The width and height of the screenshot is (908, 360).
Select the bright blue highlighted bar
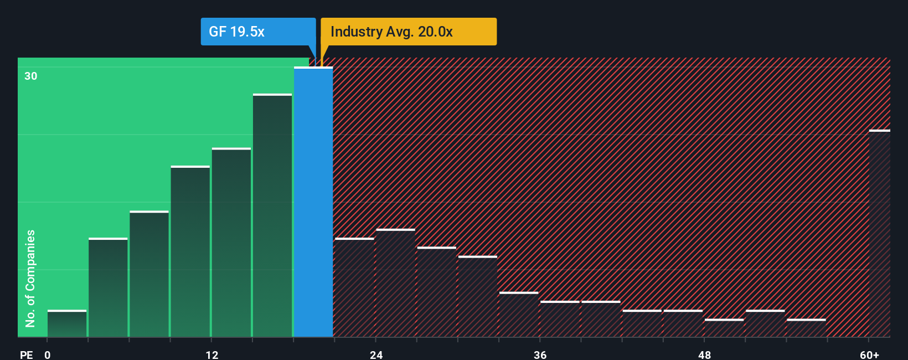313,202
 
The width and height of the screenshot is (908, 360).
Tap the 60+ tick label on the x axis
869,355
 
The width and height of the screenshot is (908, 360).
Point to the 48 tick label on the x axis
704,355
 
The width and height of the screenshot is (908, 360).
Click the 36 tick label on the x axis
540,355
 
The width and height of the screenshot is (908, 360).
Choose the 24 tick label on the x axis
376,355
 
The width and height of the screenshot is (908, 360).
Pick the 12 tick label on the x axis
212,355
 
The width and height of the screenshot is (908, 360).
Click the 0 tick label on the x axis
48,355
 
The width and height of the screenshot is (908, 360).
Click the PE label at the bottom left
26,355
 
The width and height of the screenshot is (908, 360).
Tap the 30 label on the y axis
31,76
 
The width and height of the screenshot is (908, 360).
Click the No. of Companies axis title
30,278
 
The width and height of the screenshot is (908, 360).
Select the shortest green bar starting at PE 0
67,324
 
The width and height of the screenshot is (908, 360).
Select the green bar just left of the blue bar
272,216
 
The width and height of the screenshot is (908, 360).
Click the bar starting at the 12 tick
231,243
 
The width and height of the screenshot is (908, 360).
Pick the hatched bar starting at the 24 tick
395,283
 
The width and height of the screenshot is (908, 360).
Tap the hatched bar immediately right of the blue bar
354,287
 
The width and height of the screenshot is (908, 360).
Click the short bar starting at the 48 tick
724,328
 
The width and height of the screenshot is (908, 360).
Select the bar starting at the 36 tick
560,319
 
